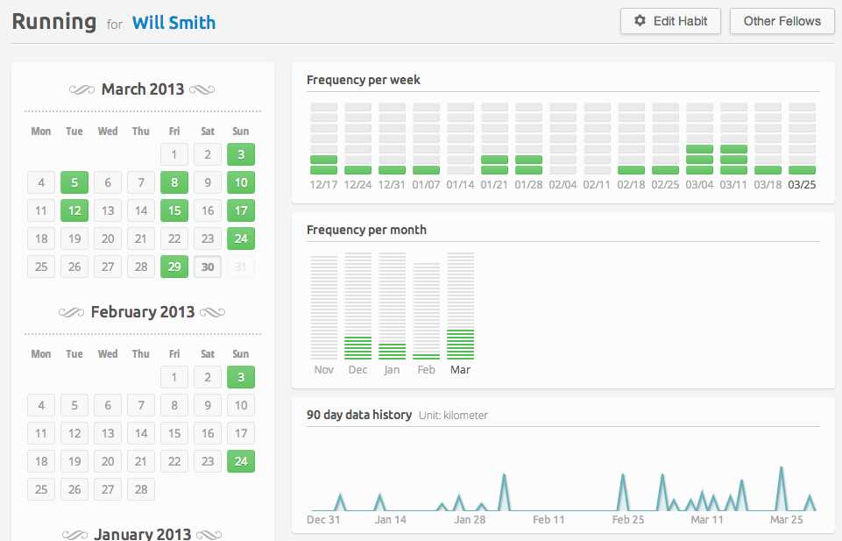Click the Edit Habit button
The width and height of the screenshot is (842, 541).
tap(670, 22)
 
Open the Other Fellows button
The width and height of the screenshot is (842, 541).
tap(782, 22)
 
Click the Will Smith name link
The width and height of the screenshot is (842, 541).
tap(174, 23)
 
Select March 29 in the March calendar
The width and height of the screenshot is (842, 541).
tap(174, 267)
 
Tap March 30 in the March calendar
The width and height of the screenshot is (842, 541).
tap(208, 267)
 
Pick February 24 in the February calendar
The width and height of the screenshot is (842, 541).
tap(241, 461)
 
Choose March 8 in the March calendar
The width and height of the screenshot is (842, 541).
tap(174, 182)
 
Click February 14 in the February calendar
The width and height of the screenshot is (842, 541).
tap(141, 433)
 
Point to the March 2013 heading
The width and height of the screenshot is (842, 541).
tap(142, 89)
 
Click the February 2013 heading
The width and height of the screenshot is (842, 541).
tap(142, 312)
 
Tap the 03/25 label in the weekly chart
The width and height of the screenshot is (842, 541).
tap(802, 185)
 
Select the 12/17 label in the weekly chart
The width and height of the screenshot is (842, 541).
tap(323, 185)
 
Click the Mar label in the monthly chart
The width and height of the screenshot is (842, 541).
tap(460, 370)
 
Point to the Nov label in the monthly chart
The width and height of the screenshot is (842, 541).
tap(324, 370)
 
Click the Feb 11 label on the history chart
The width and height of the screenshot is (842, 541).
tap(548, 519)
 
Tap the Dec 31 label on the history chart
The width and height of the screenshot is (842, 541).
tap(323, 519)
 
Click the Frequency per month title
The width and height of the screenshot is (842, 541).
tap(367, 230)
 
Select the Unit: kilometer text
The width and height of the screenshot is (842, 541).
tap(453, 416)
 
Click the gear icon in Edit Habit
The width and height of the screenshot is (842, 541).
tap(640, 21)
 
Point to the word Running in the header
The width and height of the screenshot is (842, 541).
tap(54, 22)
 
